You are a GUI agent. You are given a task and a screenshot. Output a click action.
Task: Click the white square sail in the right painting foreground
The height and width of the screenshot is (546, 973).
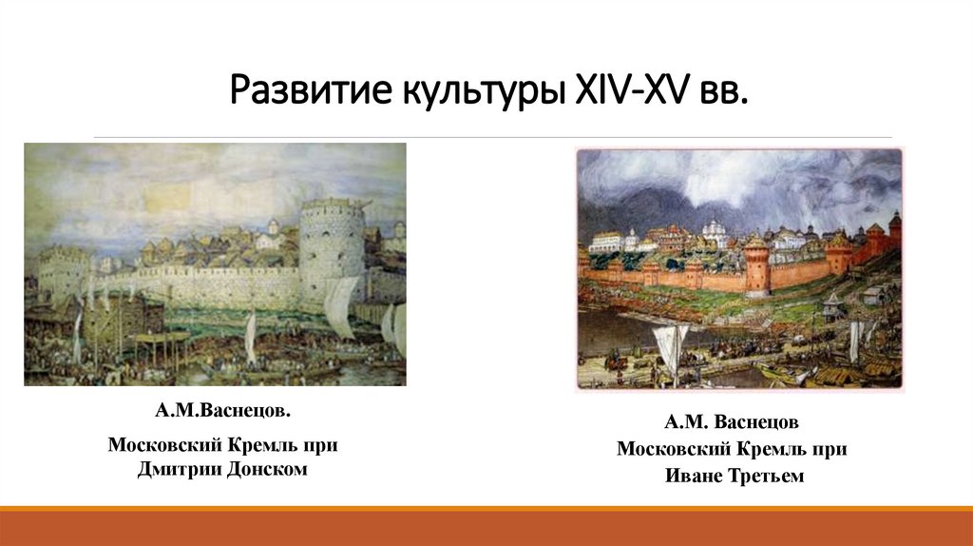tap(673, 346)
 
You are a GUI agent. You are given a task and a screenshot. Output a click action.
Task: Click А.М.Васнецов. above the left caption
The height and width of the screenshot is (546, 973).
tap(223, 414)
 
